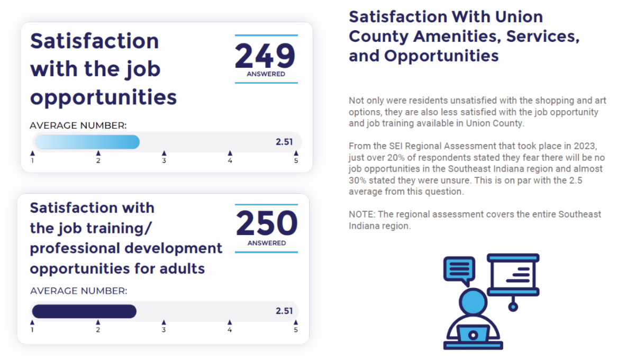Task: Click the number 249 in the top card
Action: point(265,56)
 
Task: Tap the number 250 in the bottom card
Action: point(267,223)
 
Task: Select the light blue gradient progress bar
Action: point(87,142)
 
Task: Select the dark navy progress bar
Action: point(84,311)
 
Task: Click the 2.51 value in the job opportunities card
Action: point(284,142)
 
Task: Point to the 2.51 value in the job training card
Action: point(284,311)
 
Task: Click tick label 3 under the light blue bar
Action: point(164,160)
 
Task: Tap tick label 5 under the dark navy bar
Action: point(296,330)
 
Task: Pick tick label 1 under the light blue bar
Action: point(33,160)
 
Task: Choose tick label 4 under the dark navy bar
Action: point(230,330)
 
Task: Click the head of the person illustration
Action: point(473,302)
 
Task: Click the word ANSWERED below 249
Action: point(266,74)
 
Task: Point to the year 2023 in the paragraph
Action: point(585,146)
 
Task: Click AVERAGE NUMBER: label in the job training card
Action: point(79,291)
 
